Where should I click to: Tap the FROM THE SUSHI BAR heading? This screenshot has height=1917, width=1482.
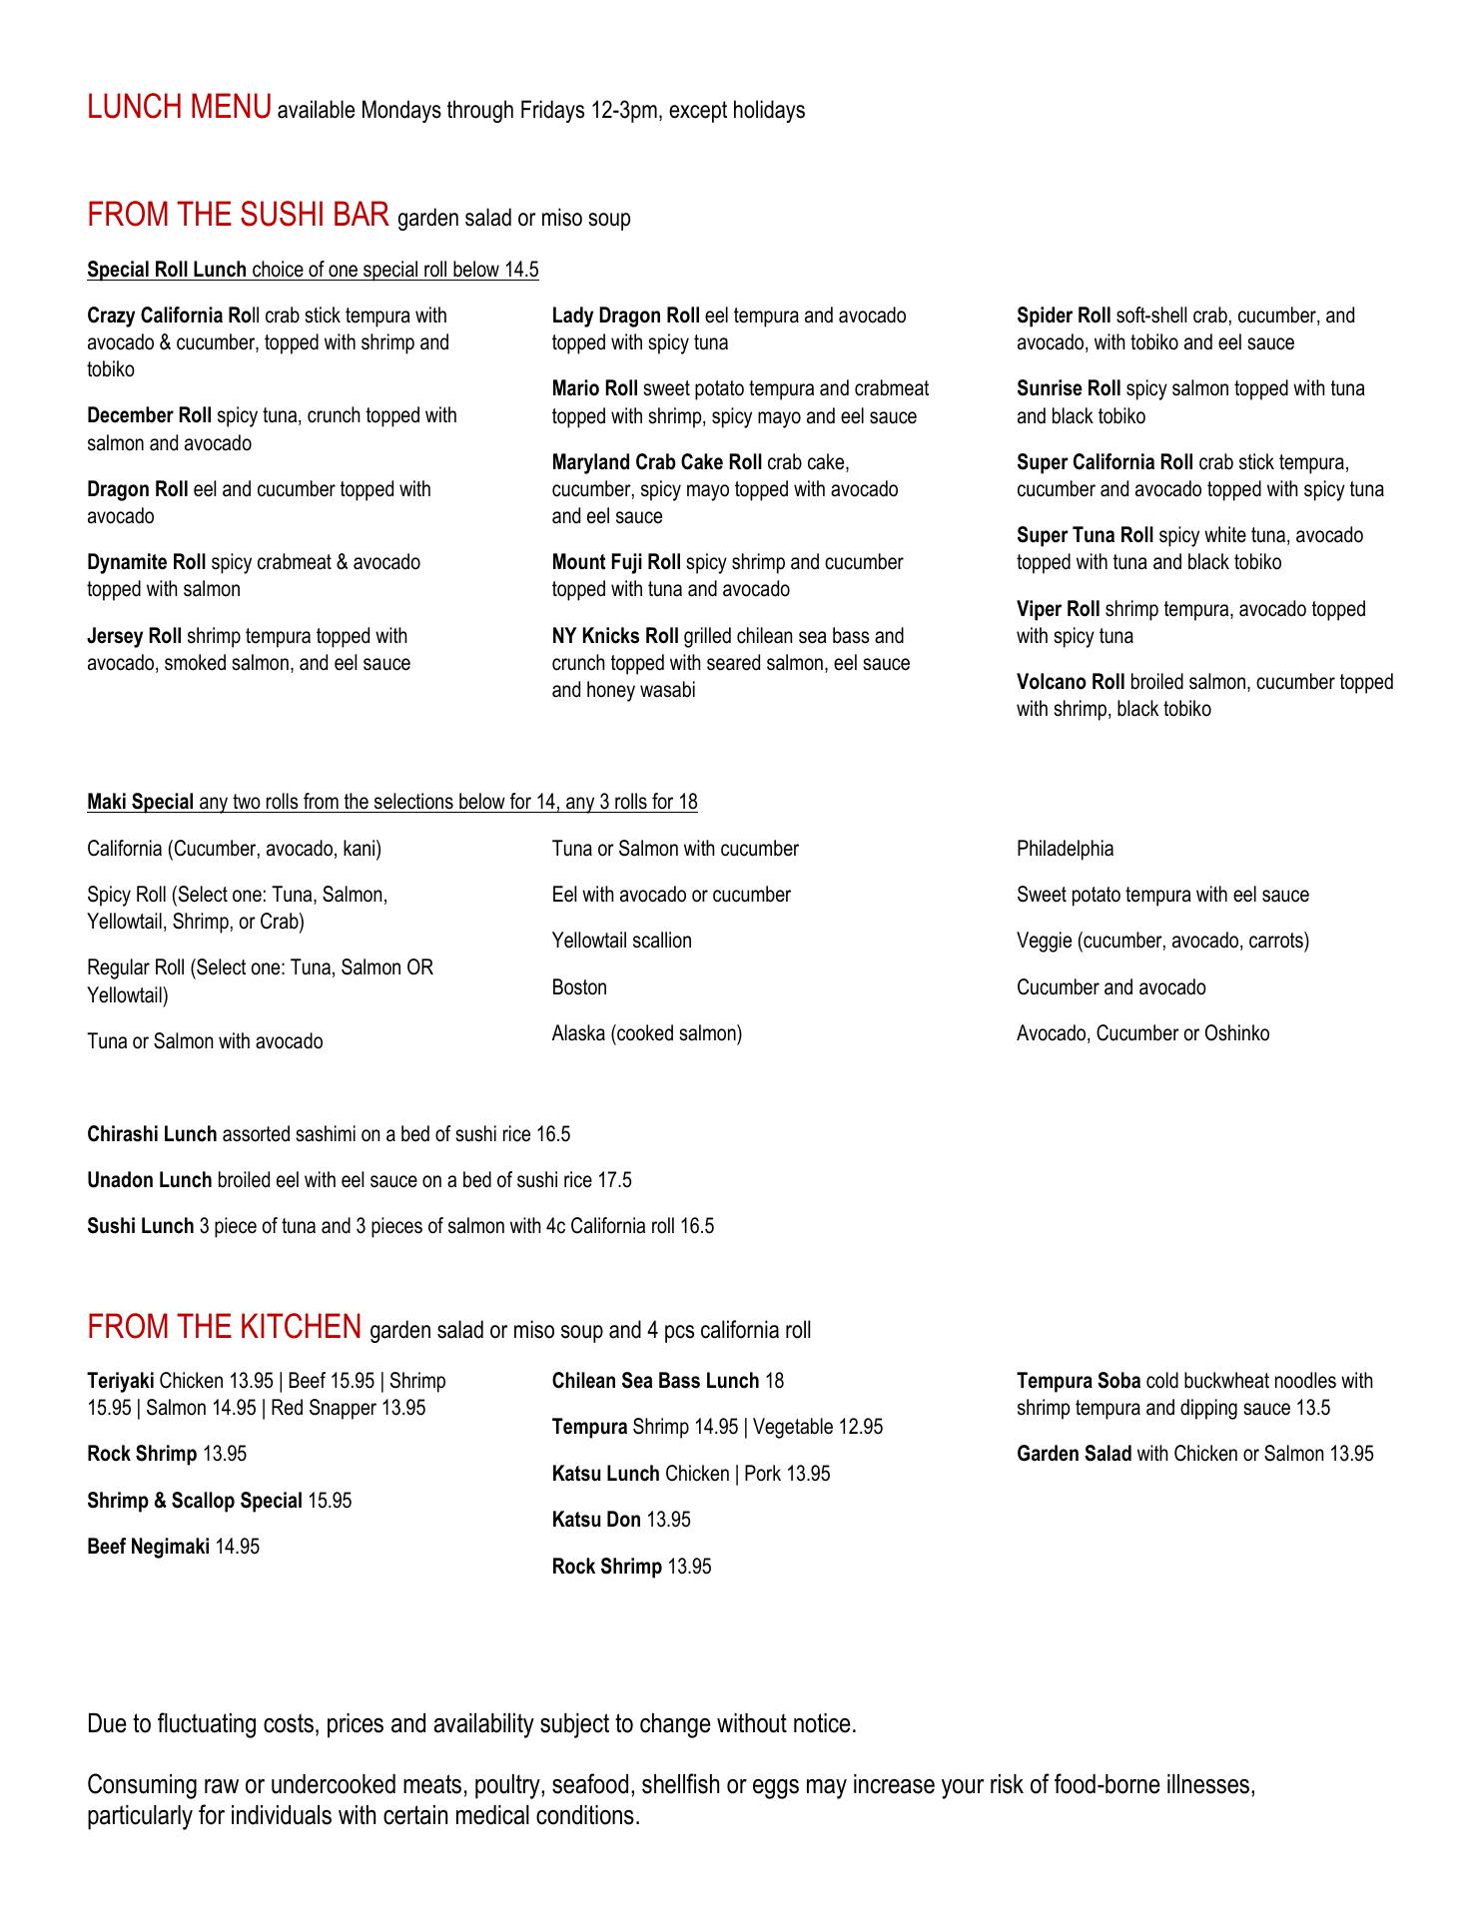pos(238,215)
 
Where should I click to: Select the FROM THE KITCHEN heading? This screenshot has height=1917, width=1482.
pos(224,1327)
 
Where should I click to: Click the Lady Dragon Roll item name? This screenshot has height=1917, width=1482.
pos(625,317)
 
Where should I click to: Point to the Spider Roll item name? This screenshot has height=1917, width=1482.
pos(1063,317)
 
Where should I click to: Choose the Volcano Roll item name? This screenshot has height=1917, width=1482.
pos(1071,683)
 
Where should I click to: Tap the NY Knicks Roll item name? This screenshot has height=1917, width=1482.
pos(614,636)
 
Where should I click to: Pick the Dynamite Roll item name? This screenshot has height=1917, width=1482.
pos(147,563)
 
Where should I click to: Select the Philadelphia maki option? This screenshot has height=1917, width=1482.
pos(1065,850)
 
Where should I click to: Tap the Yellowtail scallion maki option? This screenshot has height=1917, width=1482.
pos(621,942)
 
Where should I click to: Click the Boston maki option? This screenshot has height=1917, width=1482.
pos(579,988)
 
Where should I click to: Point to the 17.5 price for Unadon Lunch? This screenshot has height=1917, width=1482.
pos(614,1181)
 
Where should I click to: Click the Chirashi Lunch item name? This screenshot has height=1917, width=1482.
pos(152,1135)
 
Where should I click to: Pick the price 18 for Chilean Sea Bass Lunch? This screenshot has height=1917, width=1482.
pos(774,1382)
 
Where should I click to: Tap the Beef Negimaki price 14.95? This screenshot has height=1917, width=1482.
pos(238,1548)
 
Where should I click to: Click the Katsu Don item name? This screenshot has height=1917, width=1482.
pos(596,1521)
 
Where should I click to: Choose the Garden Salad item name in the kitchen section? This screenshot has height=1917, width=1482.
pos(1074,1455)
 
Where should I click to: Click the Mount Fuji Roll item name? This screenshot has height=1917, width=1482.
pos(616,563)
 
